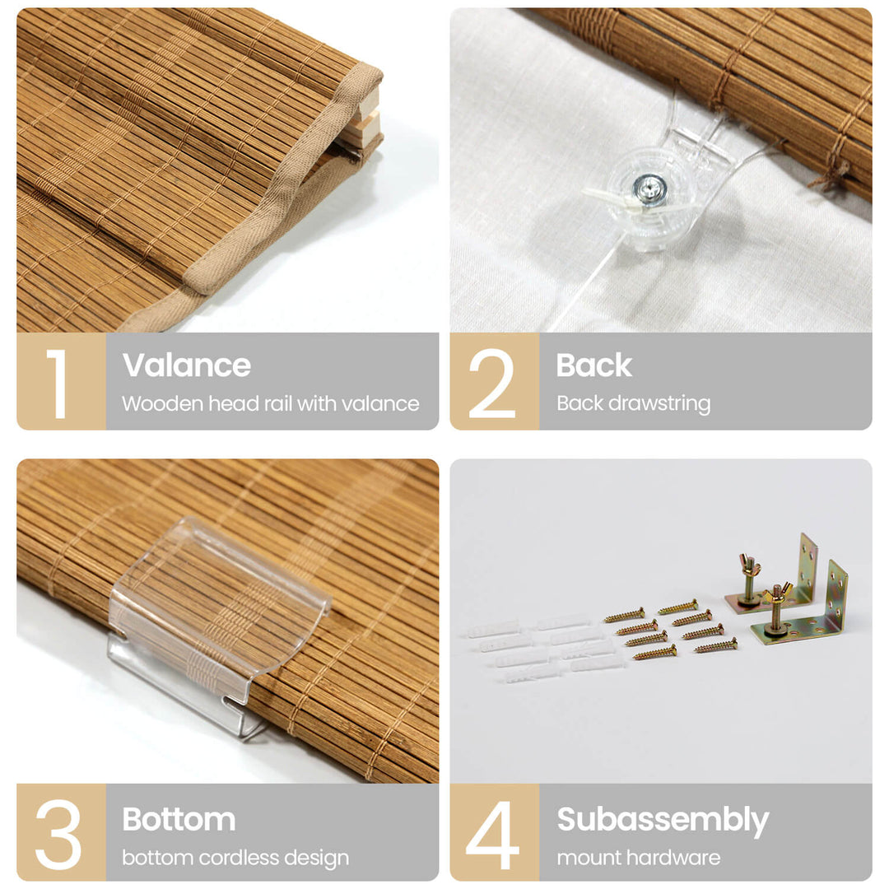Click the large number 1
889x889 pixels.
coord(58,384)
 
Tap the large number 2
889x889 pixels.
coord(491,384)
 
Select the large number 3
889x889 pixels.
coord(58,835)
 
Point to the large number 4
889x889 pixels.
coord(493,835)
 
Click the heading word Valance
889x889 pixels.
coord(187,365)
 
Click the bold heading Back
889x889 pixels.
coord(593,365)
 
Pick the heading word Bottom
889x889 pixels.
coord(179,819)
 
